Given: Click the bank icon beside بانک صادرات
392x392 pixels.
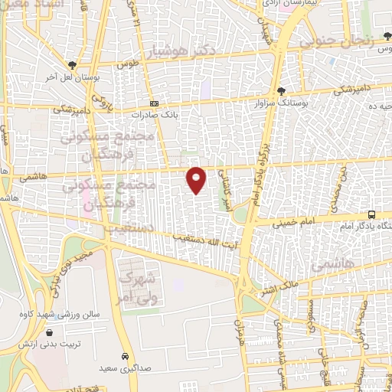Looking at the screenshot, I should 154,104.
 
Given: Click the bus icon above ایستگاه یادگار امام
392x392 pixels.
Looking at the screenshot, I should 371,215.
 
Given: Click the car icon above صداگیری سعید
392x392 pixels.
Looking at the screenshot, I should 124,357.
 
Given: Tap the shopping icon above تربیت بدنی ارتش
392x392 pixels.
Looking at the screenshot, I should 50,333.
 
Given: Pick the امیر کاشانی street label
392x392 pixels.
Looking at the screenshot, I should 227,185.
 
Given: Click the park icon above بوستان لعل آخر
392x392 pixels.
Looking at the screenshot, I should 73,65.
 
